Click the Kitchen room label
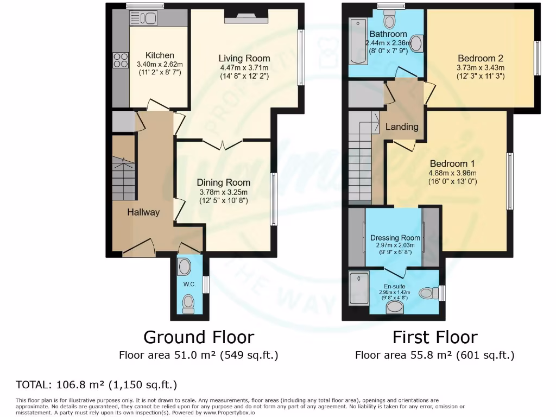[160, 55]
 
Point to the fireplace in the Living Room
[246, 20]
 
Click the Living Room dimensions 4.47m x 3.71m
[244, 67]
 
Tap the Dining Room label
[223, 182]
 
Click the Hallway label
[143, 212]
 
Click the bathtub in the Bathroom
[357, 41]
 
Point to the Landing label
[402, 127]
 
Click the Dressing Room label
[395, 238]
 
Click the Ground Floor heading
[198, 337]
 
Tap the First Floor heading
[435, 337]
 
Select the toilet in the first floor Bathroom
[389, 21]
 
